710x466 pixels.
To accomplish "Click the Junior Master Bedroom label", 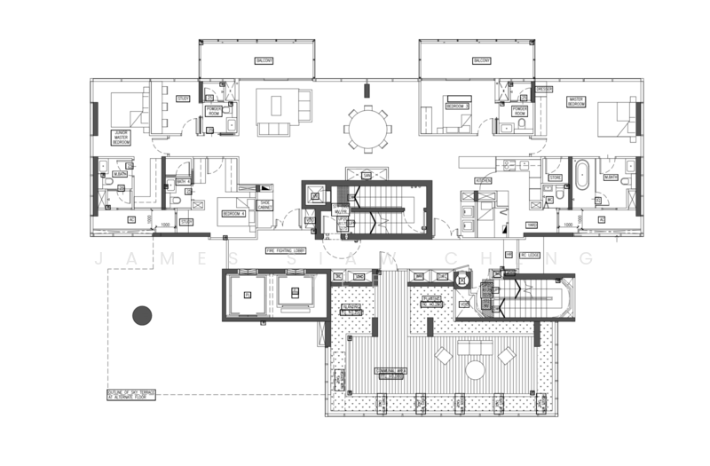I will coord(122,135).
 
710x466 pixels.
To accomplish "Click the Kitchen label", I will coord(484,179).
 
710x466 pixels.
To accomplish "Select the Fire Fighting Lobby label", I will coord(286,251).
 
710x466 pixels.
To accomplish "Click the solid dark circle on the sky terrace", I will coord(142,314).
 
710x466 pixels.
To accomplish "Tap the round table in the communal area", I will coord(475,367).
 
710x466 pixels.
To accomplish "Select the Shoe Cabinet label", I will coord(264,205).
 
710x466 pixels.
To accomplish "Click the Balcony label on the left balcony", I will coord(264,60).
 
